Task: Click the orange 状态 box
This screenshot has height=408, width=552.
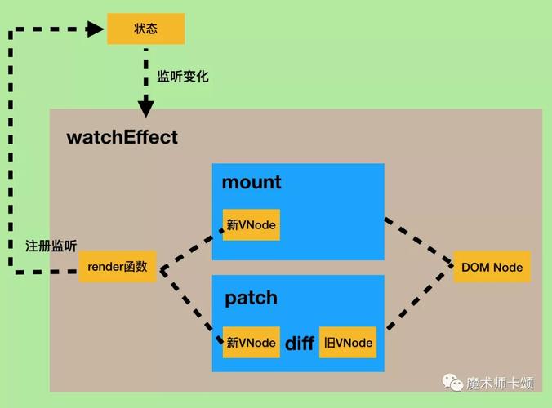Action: (146, 29)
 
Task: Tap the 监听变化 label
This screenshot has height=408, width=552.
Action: (183, 77)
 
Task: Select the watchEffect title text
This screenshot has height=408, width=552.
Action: (122, 136)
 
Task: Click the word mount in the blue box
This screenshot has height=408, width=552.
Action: (251, 182)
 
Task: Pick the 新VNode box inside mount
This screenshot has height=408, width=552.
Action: (251, 224)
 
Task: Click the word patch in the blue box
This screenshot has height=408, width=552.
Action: (251, 298)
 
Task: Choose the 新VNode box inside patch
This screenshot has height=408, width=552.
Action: (251, 343)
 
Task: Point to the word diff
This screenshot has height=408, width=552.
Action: (299, 344)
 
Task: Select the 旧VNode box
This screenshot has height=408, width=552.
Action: (348, 343)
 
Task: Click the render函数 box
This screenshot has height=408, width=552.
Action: (118, 267)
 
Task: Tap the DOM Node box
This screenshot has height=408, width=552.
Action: (491, 267)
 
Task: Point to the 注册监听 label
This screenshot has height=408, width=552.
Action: (51, 245)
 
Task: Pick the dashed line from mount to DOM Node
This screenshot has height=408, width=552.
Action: (419, 242)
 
